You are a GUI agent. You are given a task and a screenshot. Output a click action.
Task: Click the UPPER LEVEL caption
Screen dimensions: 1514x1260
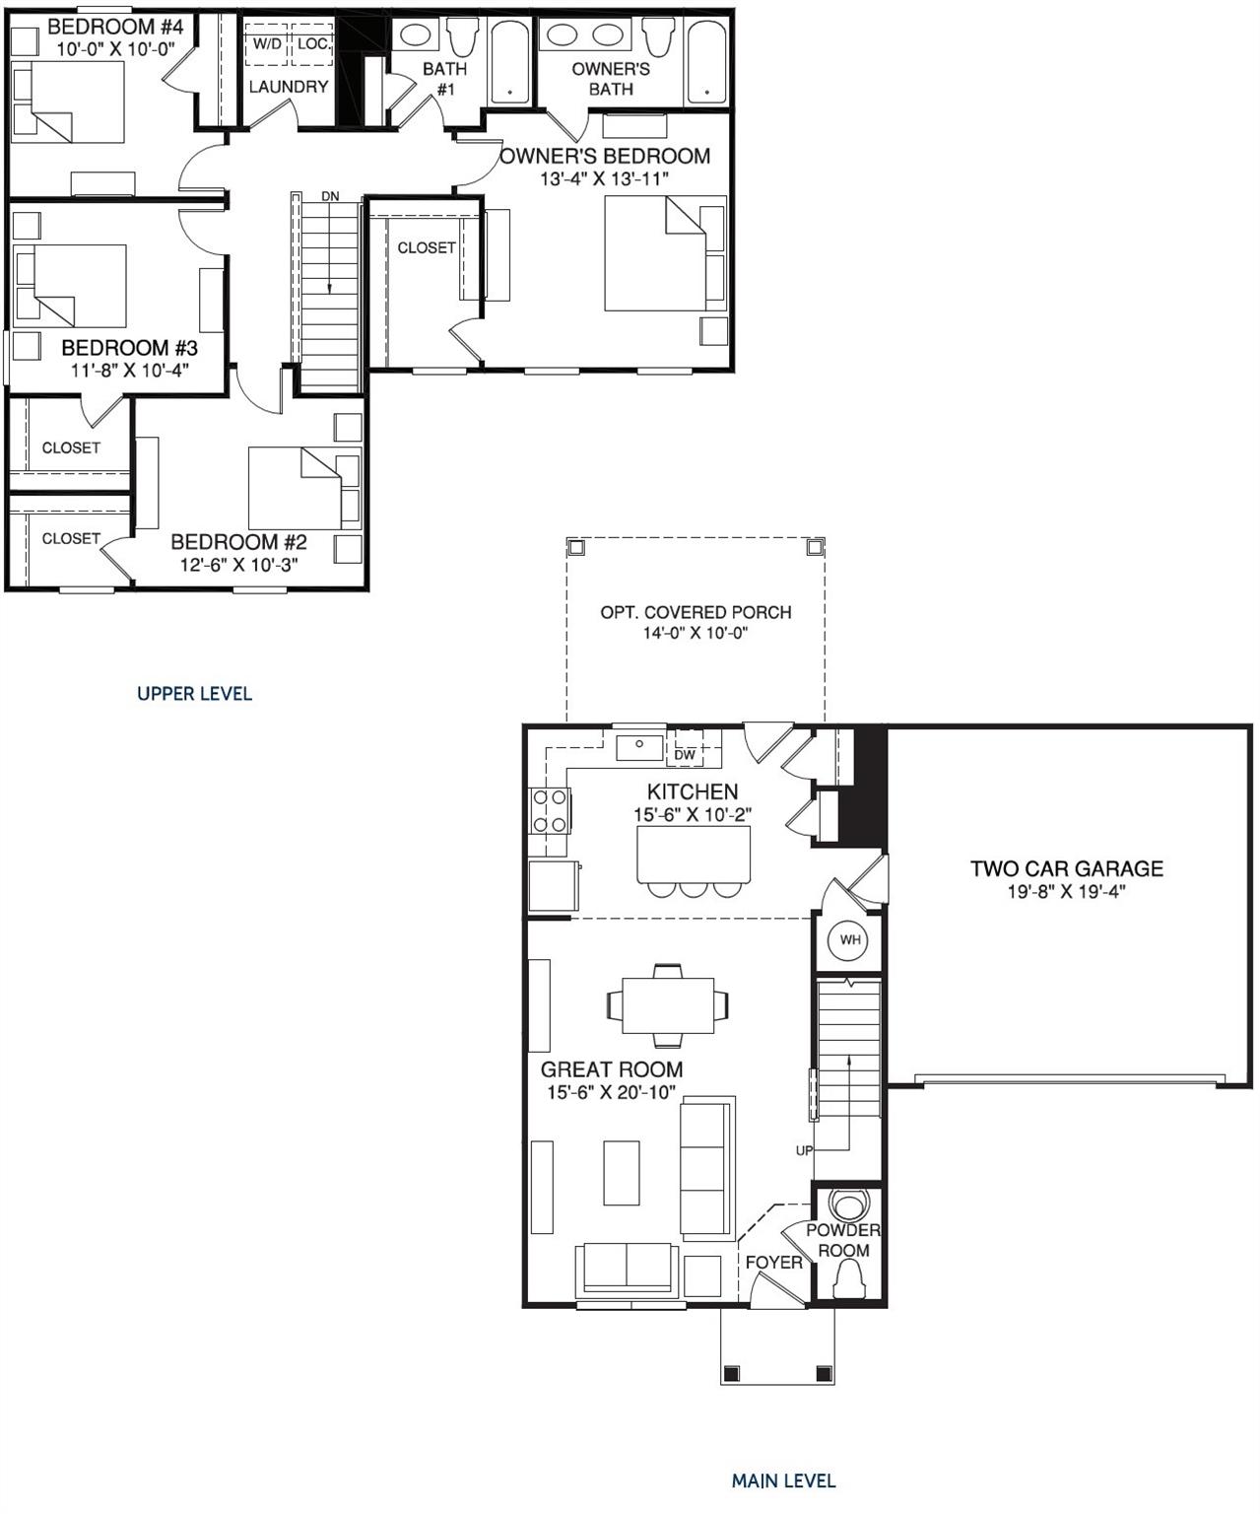[194, 694]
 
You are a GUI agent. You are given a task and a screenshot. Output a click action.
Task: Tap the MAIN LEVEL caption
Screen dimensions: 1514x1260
[783, 1480]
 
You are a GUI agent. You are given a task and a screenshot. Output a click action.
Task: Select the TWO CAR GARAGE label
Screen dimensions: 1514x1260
[1066, 868]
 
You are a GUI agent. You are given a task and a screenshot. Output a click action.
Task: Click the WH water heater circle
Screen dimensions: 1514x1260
[850, 940]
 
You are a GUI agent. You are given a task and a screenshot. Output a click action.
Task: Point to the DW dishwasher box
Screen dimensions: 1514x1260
[685, 755]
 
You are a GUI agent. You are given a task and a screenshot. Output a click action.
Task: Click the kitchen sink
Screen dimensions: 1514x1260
[639, 746]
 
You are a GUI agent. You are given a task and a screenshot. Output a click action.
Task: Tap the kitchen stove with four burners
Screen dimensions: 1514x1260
[549, 810]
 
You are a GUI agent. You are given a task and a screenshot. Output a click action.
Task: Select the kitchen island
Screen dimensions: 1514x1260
[693, 854]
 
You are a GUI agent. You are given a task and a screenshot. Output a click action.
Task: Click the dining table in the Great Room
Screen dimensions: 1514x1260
[668, 1004]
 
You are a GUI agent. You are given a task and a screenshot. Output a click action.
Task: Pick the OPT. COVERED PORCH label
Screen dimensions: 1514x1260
[696, 612]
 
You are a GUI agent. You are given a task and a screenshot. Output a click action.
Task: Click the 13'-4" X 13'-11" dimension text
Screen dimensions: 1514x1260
[605, 179]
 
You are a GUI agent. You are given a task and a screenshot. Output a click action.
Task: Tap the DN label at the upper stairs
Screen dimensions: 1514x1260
[330, 196]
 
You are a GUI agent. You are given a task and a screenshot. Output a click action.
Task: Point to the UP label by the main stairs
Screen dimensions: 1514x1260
[805, 1150]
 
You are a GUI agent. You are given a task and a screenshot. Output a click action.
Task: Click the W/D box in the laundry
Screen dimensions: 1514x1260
[267, 44]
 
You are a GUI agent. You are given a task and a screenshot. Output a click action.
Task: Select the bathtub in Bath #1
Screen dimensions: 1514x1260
[508, 63]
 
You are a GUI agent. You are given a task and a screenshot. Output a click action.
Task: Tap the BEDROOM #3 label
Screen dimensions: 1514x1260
[129, 348]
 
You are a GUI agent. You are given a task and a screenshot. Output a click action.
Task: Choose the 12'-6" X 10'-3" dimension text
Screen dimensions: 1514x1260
[238, 565]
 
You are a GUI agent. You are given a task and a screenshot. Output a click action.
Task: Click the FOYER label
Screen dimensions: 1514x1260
[773, 1262]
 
